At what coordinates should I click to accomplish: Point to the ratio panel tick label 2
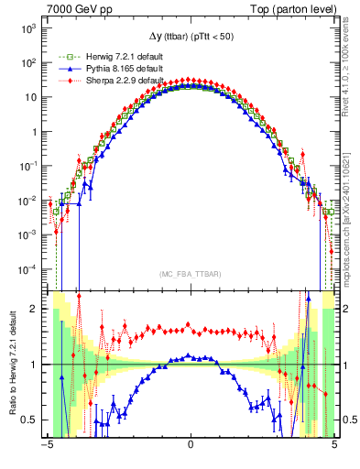[34, 309]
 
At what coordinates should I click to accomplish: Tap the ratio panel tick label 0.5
[29, 420]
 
